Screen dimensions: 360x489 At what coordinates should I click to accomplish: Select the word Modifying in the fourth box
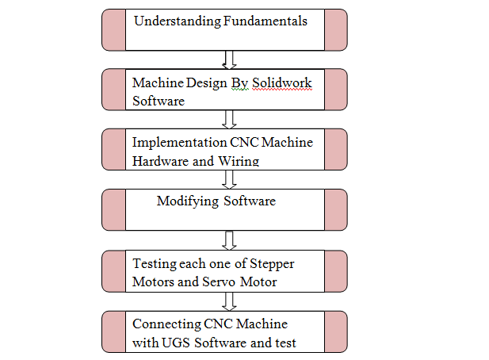point(188,201)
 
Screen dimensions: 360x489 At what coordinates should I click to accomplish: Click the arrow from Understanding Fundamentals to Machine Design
point(229,59)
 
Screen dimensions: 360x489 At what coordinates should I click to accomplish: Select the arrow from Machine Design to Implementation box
point(231,119)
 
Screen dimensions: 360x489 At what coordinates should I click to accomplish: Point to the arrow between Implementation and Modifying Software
point(231,179)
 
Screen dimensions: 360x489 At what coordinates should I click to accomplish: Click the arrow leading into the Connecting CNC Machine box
point(231,301)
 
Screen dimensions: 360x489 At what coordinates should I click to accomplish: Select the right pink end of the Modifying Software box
point(336,209)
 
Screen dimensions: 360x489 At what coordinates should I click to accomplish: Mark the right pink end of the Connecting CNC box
point(336,331)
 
